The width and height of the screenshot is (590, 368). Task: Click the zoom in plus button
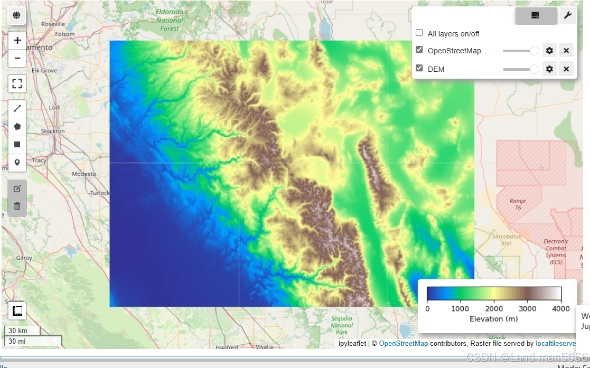[17, 41]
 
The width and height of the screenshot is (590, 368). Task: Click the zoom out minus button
[17, 58]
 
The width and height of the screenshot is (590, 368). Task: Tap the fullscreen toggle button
[17, 83]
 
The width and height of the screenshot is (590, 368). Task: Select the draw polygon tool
[17, 127]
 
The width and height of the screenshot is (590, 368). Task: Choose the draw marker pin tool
[17, 162]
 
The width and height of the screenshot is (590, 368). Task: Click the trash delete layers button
[17, 206]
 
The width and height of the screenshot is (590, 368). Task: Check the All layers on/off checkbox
[419, 33]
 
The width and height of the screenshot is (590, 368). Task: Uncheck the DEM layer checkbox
[419, 68]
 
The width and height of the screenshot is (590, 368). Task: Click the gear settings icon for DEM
[549, 69]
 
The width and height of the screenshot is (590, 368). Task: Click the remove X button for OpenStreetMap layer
[566, 51]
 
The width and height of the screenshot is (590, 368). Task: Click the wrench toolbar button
[567, 16]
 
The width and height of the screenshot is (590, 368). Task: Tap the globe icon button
[17, 16]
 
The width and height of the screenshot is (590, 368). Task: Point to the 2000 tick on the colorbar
[494, 308]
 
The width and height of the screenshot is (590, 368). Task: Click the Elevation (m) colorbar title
[493, 319]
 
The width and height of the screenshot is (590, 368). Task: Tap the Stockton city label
[53, 131]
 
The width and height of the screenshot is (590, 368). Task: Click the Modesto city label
[84, 174]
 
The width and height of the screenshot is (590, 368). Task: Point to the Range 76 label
[518, 204]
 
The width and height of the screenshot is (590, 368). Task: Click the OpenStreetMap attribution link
[403, 344]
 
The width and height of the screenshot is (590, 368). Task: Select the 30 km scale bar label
[18, 331]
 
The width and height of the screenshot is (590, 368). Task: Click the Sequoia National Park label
[341, 325]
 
